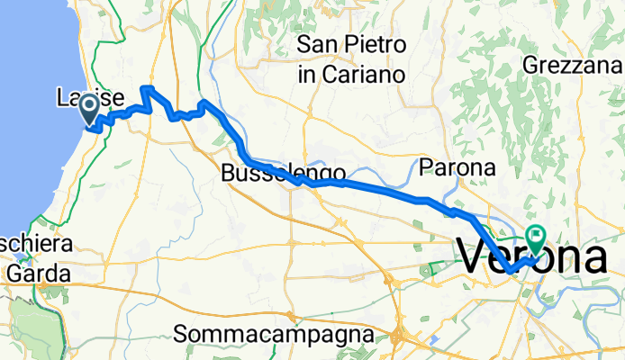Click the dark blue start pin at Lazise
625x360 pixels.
[x=90, y=110]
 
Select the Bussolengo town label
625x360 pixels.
[x=283, y=174]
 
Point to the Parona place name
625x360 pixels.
[x=457, y=167]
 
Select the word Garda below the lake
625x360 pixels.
[x=34, y=268]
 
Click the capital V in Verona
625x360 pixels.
[x=477, y=257]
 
